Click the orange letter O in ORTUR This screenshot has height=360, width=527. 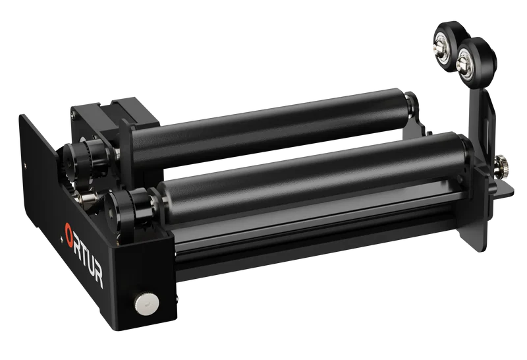[x=69, y=232]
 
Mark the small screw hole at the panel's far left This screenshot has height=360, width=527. [x=25, y=160]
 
